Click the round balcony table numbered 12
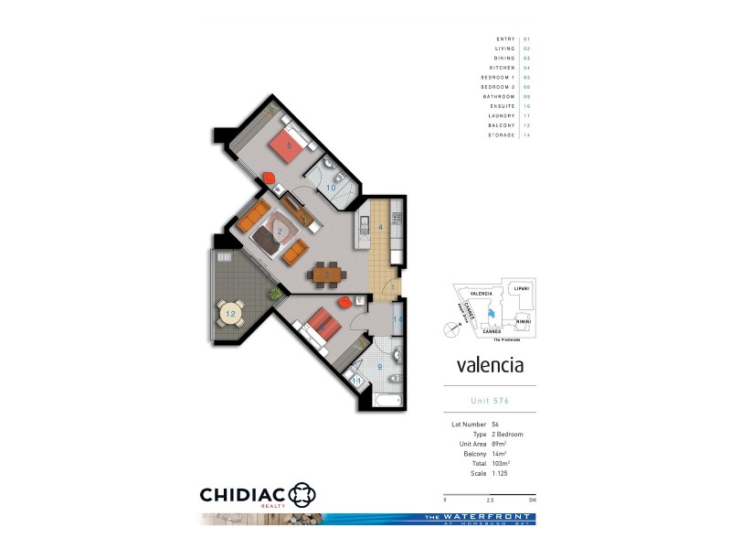(230, 314)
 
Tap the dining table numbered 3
(326, 273)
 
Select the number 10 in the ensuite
(331, 188)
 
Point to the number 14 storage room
(397, 319)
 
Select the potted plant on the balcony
(273, 293)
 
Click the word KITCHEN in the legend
(502, 68)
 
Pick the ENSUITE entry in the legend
(501, 106)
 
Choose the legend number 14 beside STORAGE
(527, 135)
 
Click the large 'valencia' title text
(489, 365)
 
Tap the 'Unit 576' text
(489, 401)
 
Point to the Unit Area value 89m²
(500, 444)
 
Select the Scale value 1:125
(502, 473)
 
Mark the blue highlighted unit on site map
(491, 314)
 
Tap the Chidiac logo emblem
(302, 495)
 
